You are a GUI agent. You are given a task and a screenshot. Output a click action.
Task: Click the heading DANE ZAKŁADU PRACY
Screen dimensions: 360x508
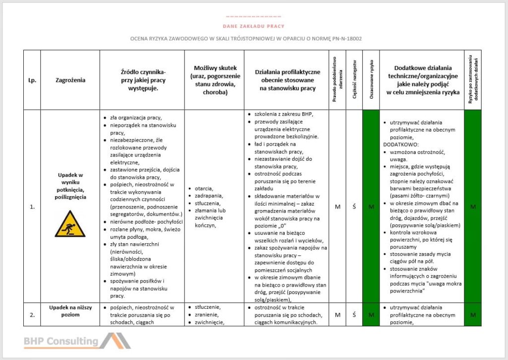coord(254,26)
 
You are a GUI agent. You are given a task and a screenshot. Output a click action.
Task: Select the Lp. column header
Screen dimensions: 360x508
coord(32,80)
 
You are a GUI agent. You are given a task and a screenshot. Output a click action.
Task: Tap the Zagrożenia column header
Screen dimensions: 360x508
coord(70,80)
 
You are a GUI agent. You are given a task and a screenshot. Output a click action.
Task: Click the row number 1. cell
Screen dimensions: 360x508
coord(32,207)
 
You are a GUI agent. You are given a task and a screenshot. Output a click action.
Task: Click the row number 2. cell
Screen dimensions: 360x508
coord(32,314)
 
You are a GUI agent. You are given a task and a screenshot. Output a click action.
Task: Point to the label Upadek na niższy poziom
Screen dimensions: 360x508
coord(70,311)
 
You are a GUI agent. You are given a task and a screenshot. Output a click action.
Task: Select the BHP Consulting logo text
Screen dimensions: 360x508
coord(61,341)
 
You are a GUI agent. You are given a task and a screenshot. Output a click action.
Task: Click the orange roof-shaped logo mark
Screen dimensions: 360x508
coord(115,341)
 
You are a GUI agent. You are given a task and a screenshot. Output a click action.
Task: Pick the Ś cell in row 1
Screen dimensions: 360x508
coord(354,207)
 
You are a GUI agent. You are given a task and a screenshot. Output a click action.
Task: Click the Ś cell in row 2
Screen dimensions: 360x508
coord(354,314)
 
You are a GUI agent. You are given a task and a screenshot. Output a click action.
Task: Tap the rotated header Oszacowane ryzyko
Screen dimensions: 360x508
coord(371,80)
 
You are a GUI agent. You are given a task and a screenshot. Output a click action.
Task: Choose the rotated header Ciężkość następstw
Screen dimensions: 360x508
coord(354,80)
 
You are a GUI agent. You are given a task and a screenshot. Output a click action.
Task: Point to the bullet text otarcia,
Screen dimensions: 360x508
coord(204,189)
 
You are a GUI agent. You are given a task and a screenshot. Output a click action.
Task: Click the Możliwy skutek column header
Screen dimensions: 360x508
coord(214,80)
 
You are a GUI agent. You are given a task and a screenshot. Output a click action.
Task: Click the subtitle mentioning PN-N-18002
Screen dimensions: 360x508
coord(254,39)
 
